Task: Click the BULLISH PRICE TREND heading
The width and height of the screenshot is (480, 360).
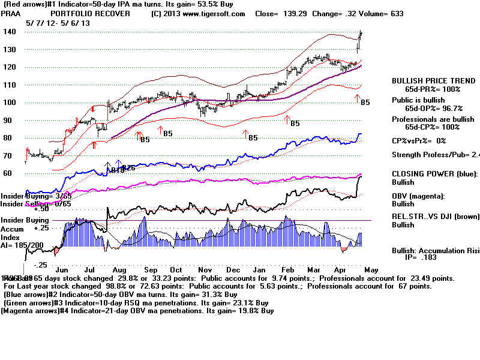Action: tap(429, 80)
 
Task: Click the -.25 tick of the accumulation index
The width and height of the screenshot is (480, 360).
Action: tap(40, 265)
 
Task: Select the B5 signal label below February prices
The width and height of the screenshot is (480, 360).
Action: tap(295, 124)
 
